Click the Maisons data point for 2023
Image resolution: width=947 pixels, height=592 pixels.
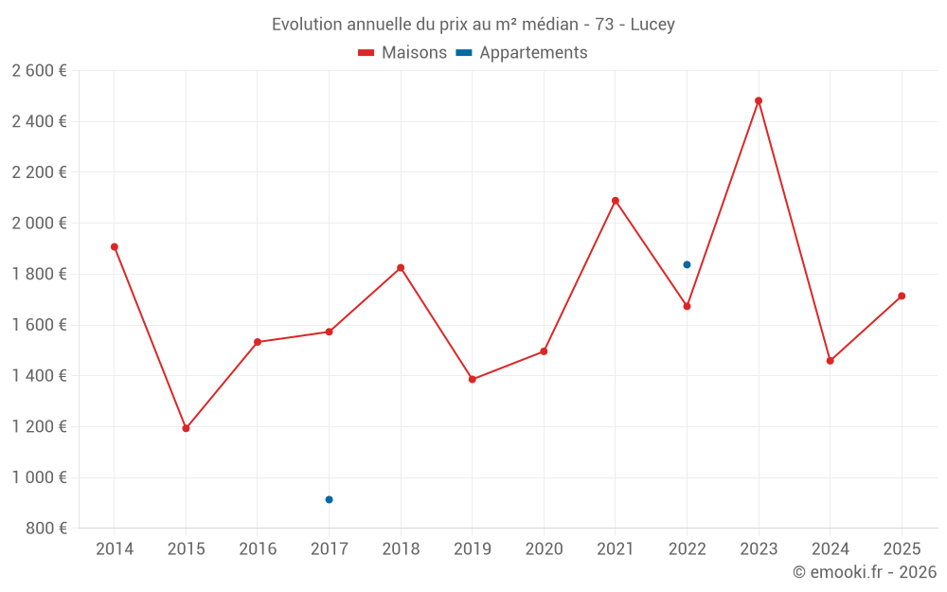[x=759, y=100]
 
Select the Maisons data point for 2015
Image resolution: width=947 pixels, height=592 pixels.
[x=186, y=428]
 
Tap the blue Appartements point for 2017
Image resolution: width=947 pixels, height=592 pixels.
[x=329, y=499]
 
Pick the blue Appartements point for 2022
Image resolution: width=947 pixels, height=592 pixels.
[x=687, y=264]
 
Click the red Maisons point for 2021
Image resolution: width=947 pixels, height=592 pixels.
[x=616, y=201]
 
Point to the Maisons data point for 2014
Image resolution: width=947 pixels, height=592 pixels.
[x=115, y=247]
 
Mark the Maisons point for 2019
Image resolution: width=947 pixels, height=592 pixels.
[x=473, y=380]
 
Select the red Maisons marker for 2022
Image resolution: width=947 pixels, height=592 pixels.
[x=687, y=306]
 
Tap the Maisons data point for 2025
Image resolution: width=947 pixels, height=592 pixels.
[x=902, y=296]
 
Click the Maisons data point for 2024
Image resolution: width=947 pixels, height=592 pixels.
[x=830, y=361]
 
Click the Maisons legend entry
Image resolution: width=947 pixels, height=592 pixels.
[x=402, y=53]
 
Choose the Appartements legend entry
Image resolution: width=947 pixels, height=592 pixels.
[x=522, y=53]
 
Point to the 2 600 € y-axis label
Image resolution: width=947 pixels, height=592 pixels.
[x=39, y=71]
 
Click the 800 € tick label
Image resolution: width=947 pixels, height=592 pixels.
[x=46, y=529]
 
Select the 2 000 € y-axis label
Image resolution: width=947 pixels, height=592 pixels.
[x=39, y=224]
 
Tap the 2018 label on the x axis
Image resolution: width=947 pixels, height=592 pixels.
[x=401, y=549]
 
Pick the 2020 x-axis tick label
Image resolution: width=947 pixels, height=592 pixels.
[x=544, y=549]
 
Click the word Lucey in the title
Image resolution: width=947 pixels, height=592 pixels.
[x=652, y=25]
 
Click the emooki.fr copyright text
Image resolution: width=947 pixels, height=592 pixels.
[x=865, y=572]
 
